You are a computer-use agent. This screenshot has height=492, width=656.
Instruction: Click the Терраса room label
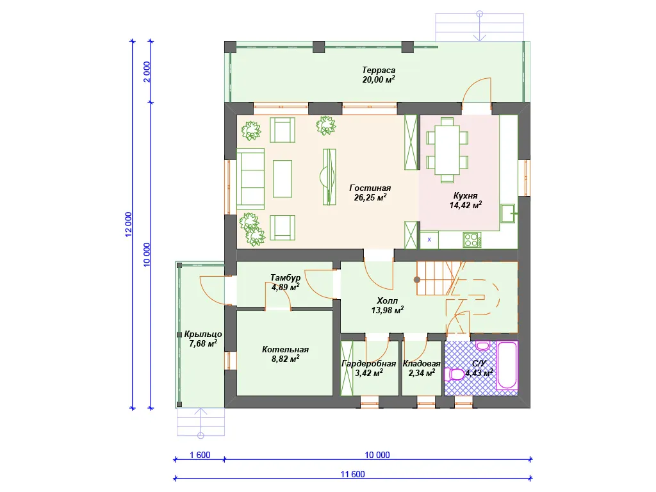pyautogui.click(x=379, y=70)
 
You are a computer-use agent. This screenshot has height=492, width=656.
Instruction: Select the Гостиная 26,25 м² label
pyautogui.click(x=370, y=193)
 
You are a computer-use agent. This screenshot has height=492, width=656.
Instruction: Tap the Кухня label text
pyautogui.click(x=465, y=196)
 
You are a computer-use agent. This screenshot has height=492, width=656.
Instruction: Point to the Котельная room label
pyautogui.click(x=285, y=349)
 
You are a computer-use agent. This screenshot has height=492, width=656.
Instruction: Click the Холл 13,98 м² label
pyautogui.click(x=388, y=306)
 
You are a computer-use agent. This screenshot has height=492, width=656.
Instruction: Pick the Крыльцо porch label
pyautogui.click(x=203, y=334)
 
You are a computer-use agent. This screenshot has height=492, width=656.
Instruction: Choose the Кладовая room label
pyautogui.click(x=422, y=364)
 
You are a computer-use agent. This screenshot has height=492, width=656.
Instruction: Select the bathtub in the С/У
pyautogui.click(x=507, y=366)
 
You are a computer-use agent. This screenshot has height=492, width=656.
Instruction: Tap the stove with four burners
pyautogui.click(x=472, y=240)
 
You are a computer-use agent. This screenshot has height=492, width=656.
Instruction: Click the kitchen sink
pyautogui.click(x=508, y=213)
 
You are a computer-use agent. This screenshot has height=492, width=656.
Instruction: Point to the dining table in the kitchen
pyautogui.click(x=447, y=150)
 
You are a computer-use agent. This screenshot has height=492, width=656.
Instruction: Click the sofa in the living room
pyautogui.click(x=250, y=179)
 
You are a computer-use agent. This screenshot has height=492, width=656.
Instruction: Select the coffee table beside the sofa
pyautogui.click(x=283, y=179)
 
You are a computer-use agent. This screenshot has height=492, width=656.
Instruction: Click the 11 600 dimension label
pyautogui.click(x=353, y=474)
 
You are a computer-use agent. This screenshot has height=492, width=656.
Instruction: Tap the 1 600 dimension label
pyautogui.click(x=200, y=455)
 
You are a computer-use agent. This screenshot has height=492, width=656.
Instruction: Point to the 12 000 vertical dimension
pyautogui.click(x=128, y=224)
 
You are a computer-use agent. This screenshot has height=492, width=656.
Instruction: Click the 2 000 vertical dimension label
pyautogui.click(x=147, y=72)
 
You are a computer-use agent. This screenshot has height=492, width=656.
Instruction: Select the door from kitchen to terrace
pyautogui.click(x=477, y=90)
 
